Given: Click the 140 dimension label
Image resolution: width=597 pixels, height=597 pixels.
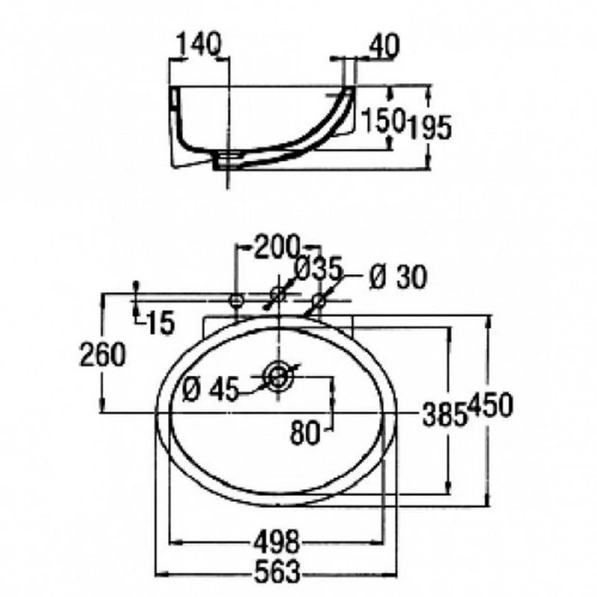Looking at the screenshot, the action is point(199,44).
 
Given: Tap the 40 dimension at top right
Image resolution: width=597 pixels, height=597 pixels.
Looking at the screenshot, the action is point(384,46).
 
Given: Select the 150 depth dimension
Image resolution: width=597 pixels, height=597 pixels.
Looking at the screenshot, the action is point(382,119).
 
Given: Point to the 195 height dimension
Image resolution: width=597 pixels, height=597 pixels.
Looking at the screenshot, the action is point(429,127).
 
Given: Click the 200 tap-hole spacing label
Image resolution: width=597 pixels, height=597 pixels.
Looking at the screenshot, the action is point(277,247).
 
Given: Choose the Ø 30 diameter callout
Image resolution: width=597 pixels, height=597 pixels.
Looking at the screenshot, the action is point(398,277).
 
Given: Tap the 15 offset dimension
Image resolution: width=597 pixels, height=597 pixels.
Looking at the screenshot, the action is point(160,322).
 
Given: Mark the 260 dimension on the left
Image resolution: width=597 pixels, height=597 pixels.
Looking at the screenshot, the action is point(102,354).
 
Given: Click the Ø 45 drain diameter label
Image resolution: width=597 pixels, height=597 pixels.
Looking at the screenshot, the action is point(210,389).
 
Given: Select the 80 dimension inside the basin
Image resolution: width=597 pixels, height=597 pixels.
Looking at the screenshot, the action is point(305,433).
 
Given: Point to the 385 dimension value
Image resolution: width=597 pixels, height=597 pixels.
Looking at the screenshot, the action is point(445,414).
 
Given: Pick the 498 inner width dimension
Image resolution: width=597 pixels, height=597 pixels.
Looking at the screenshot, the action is point(277,542).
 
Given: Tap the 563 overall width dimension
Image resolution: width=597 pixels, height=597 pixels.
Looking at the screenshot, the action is point(277,571).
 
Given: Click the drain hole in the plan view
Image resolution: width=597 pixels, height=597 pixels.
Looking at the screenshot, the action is point(279,377).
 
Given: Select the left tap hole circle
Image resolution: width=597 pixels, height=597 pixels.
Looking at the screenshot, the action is point(236,301).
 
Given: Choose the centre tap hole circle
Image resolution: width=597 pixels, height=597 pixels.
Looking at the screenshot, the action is point(278,294).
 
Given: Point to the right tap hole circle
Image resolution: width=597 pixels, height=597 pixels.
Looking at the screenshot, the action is point(319,301).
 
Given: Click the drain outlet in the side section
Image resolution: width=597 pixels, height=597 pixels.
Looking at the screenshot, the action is point(228,160).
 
